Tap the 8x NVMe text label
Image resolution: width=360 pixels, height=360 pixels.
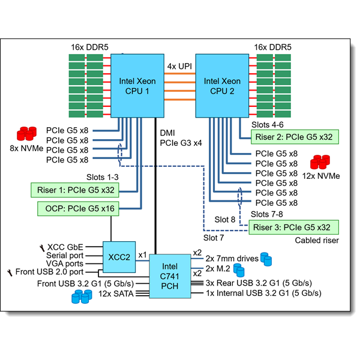point(24,147)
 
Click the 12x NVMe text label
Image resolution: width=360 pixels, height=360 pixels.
point(321,176)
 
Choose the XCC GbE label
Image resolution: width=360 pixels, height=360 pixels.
point(65,247)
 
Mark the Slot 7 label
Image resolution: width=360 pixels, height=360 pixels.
point(212,238)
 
